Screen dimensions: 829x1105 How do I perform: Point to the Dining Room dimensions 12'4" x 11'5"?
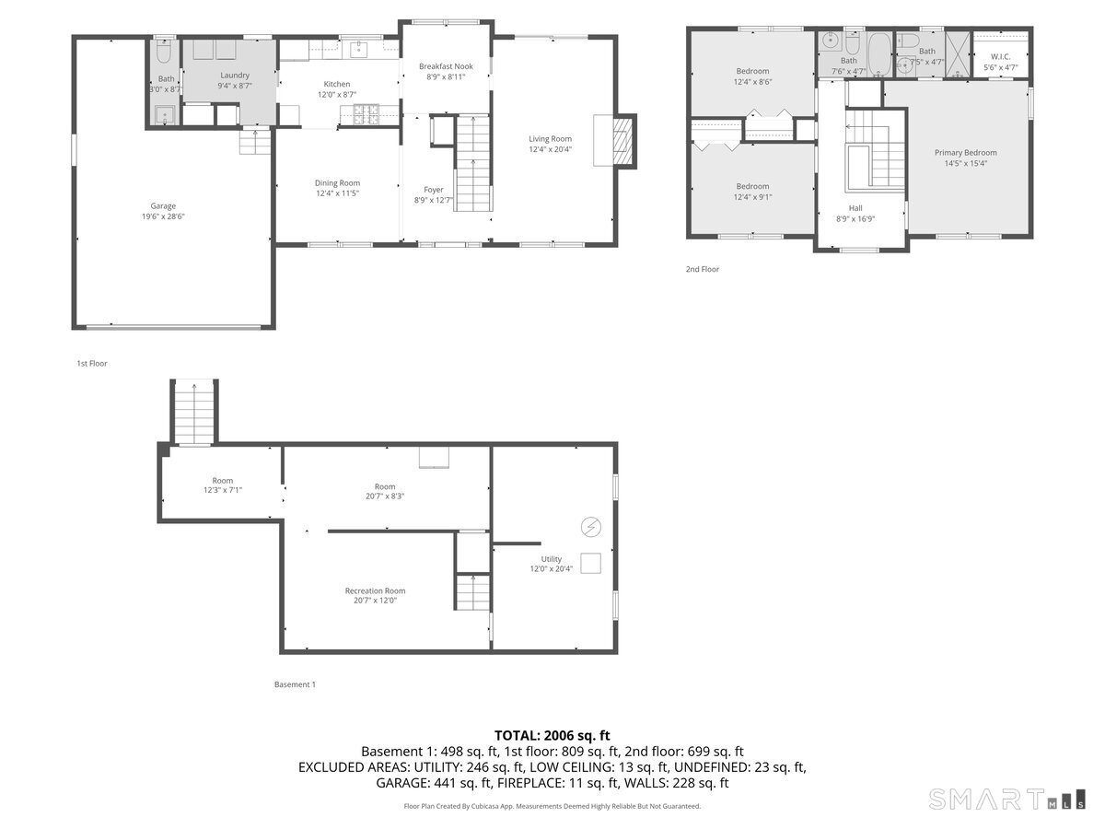click(x=337, y=193)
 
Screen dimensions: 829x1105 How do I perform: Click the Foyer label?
click(x=434, y=190)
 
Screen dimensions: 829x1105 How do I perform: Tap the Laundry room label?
click(x=235, y=75)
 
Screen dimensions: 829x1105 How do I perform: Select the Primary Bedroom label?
click(x=965, y=153)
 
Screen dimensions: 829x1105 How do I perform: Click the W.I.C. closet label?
click(x=1000, y=57)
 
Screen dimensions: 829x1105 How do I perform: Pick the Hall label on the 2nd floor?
click(x=855, y=208)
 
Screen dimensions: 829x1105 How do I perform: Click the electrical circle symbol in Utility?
click(x=590, y=527)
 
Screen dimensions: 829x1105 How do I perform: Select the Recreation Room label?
click(x=375, y=591)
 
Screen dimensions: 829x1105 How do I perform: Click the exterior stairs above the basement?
click(x=194, y=412)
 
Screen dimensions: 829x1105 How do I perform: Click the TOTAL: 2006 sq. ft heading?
click(x=552, y=735)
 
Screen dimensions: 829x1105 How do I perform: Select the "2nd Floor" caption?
click(x=702, y=269)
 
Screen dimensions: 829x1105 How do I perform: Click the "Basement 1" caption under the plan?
click(x=295, y=684)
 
